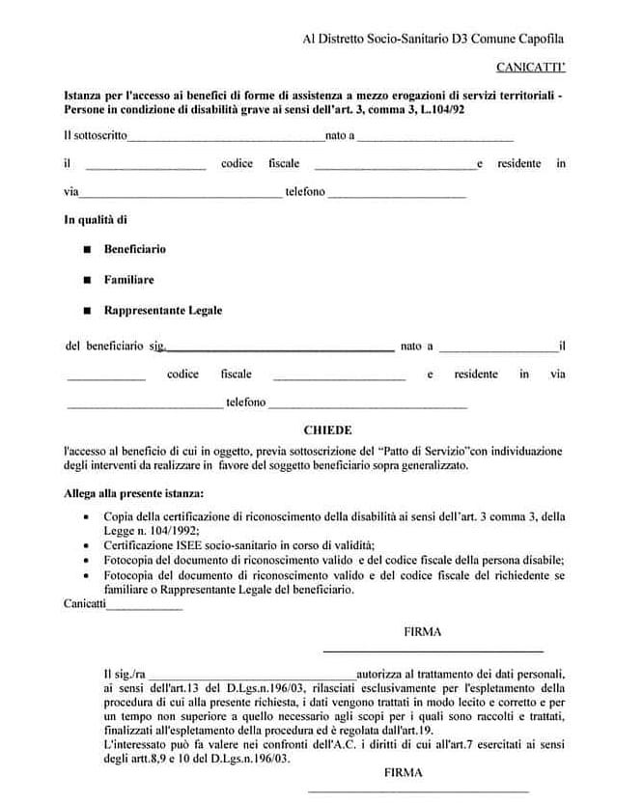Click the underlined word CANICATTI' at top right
click(530, 68)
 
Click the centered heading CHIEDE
click(327, 430)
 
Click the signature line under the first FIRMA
click(432, 651)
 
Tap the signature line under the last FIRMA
click(416, 791)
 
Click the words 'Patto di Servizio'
click(424, 451)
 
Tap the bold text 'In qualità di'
click(96, 220)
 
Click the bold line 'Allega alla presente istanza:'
click(127, 492)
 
